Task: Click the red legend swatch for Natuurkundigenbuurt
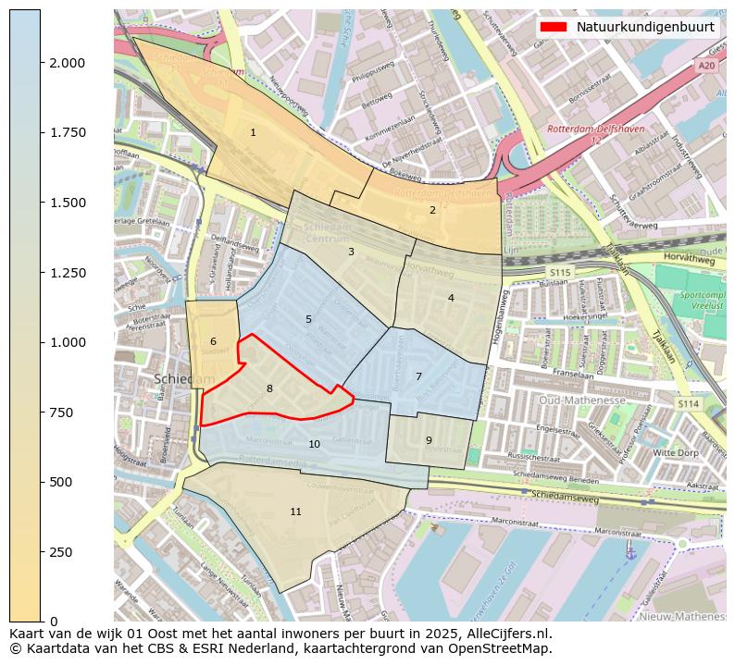[x=554, y=27]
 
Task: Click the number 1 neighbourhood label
[x=253, y=133]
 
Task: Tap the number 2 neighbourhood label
[x=432, y=210]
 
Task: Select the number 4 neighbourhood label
[x=451, y=298]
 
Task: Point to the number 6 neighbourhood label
[x=213, y=342]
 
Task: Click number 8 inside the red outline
[x=269, y=388]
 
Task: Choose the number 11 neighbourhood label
[x=295, y=511]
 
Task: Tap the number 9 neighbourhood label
[x=429, y=440]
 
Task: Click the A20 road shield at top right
[x=706, y=66]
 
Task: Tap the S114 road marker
[x=687, y=403]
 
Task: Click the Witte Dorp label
[x=676, y=453]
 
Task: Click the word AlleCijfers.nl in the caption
[x=505, y=634]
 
